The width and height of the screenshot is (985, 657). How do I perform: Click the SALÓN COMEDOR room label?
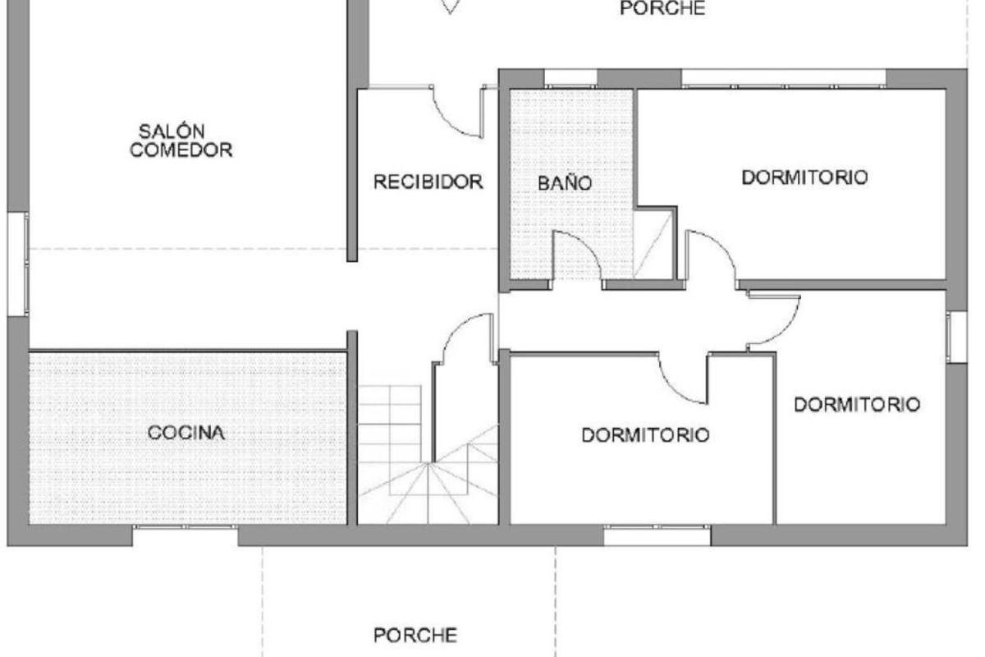pos(181,140)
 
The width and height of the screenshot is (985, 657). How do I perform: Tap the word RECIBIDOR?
pos(428,181)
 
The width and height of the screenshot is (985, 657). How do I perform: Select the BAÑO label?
pos(565,182)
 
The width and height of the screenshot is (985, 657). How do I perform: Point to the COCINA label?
pos(186,433)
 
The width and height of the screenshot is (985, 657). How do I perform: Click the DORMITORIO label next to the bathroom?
pos(804,177)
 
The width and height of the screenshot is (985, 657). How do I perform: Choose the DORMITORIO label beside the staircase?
pos(645,435)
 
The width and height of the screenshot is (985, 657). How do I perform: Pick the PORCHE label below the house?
pos(415,635)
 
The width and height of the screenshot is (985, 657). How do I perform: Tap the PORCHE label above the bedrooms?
pos(662,8)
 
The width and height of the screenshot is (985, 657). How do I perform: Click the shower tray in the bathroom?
pos(653,244)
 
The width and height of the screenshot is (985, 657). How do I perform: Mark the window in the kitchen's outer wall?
pos(186,535)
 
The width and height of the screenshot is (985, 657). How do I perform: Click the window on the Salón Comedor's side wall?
pos(18,264)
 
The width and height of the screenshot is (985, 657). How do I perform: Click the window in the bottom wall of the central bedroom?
pos(657,535)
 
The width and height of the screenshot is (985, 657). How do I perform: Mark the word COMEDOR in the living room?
pos(181,150)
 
